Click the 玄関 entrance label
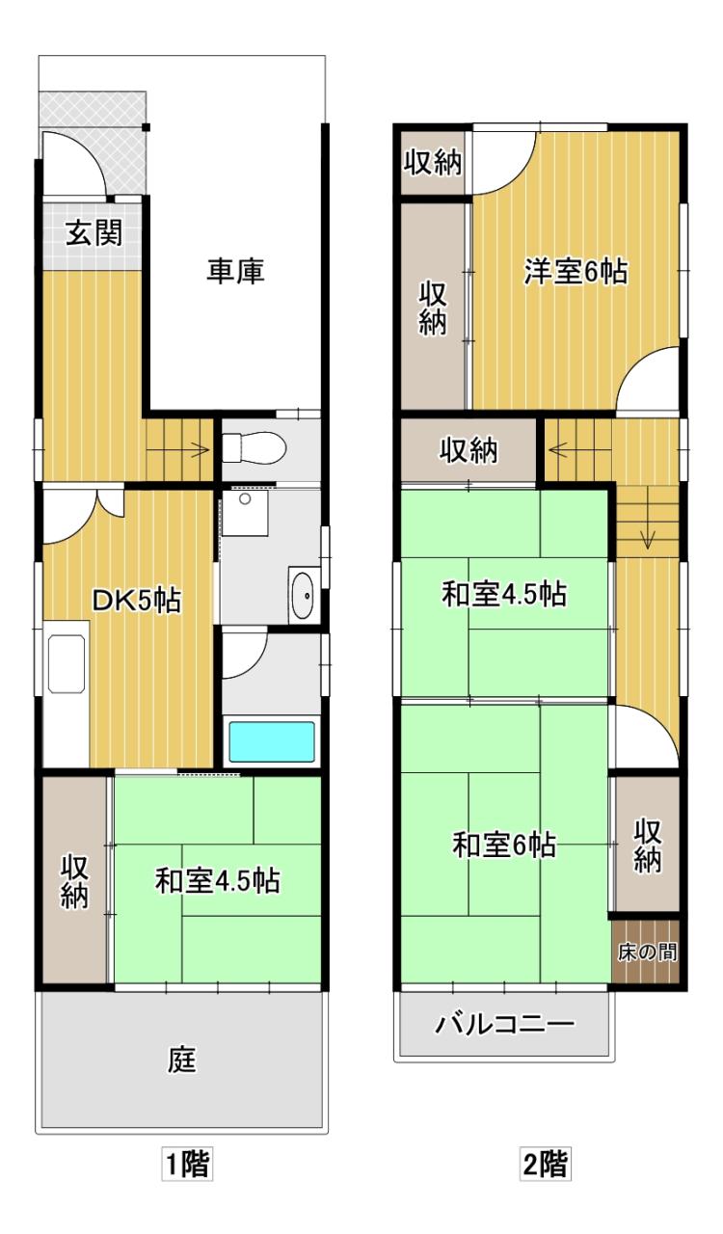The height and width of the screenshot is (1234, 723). [x=94, y=234]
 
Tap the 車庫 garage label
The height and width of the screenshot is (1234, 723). [x=235, y=272]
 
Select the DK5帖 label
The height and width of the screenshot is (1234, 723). [x=136, y=600]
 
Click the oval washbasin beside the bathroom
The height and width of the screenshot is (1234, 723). [x=302, y=596]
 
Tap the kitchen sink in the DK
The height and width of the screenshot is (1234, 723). [x=67, y=664]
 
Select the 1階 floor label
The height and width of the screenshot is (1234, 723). [x=187, y=1179]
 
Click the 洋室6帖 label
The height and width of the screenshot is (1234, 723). [x=576, y=272]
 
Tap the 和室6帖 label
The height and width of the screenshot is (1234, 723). [x=503, y=845]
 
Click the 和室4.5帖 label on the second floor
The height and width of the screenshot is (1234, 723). [x=504, y=595]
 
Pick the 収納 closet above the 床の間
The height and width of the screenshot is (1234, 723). [x=648, y=845]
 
